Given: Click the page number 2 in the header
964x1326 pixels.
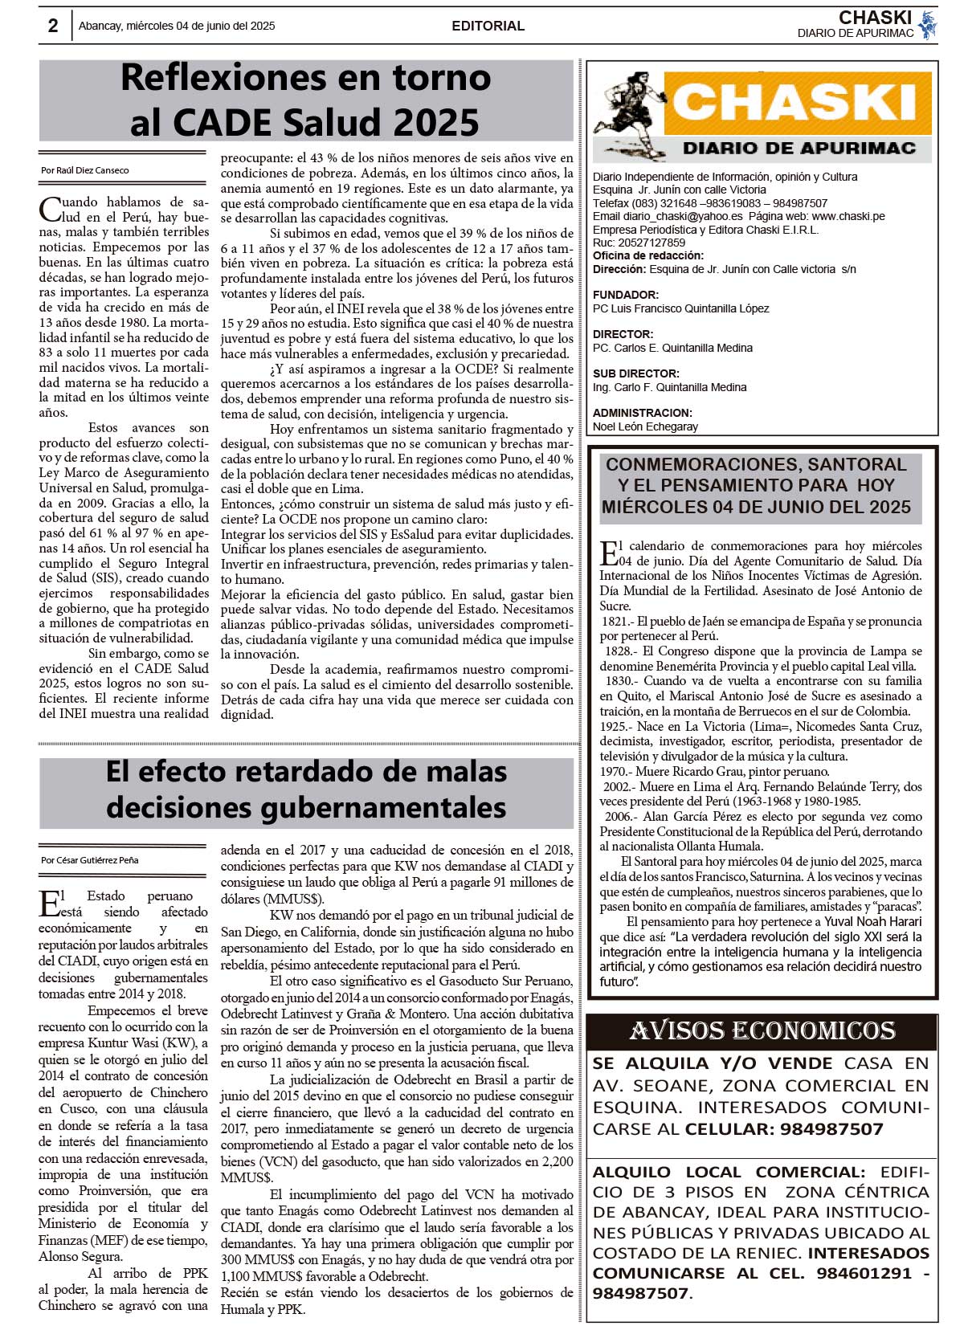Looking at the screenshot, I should pos(53,26).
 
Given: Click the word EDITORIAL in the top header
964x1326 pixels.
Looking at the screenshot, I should pos(488,26).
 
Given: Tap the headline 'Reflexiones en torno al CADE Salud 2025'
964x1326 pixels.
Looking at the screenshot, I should pos(305,100).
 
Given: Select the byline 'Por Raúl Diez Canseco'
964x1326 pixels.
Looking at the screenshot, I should pos(85,170).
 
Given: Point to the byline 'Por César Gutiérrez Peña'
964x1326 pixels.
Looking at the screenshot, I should pos(90,860).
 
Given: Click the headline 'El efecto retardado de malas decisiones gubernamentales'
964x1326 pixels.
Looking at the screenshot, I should pos(306,789).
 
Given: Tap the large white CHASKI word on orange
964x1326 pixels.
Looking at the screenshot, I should pos(794,103).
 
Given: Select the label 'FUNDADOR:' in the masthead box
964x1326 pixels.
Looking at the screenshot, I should pos(626,295).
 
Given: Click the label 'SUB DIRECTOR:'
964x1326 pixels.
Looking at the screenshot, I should pos(635,373).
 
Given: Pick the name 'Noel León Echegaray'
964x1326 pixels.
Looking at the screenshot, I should pos(645,426).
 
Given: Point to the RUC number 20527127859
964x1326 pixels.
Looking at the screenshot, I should pos(651,243).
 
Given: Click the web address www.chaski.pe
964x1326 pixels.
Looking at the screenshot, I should pos(848,216).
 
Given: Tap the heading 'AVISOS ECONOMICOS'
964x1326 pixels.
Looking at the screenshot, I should pos(762,1030).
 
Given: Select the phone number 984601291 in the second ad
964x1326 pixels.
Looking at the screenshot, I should pos(864,1273).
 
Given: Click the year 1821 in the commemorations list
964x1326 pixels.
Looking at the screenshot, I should pos(615,622).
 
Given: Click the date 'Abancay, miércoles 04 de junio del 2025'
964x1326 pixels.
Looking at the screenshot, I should pos(177,26).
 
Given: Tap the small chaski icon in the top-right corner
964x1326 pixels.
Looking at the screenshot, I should pos(928,24).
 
